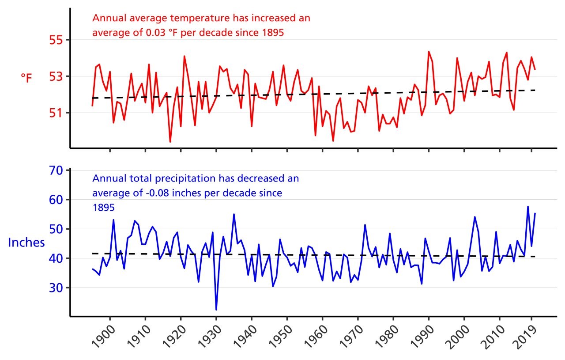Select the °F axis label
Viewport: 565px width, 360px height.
click(x=26, y=78)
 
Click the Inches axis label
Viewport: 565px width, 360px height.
click(x=26, y=243)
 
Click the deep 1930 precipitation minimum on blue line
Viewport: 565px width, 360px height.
click(x=216, y=310)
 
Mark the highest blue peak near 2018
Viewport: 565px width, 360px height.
click(x=528, y=207)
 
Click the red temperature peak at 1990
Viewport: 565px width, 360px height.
click(x=429, y=52)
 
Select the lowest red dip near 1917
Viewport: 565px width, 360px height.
click(x=170, y=142)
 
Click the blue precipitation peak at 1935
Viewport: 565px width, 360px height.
click(x=234, y=214)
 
